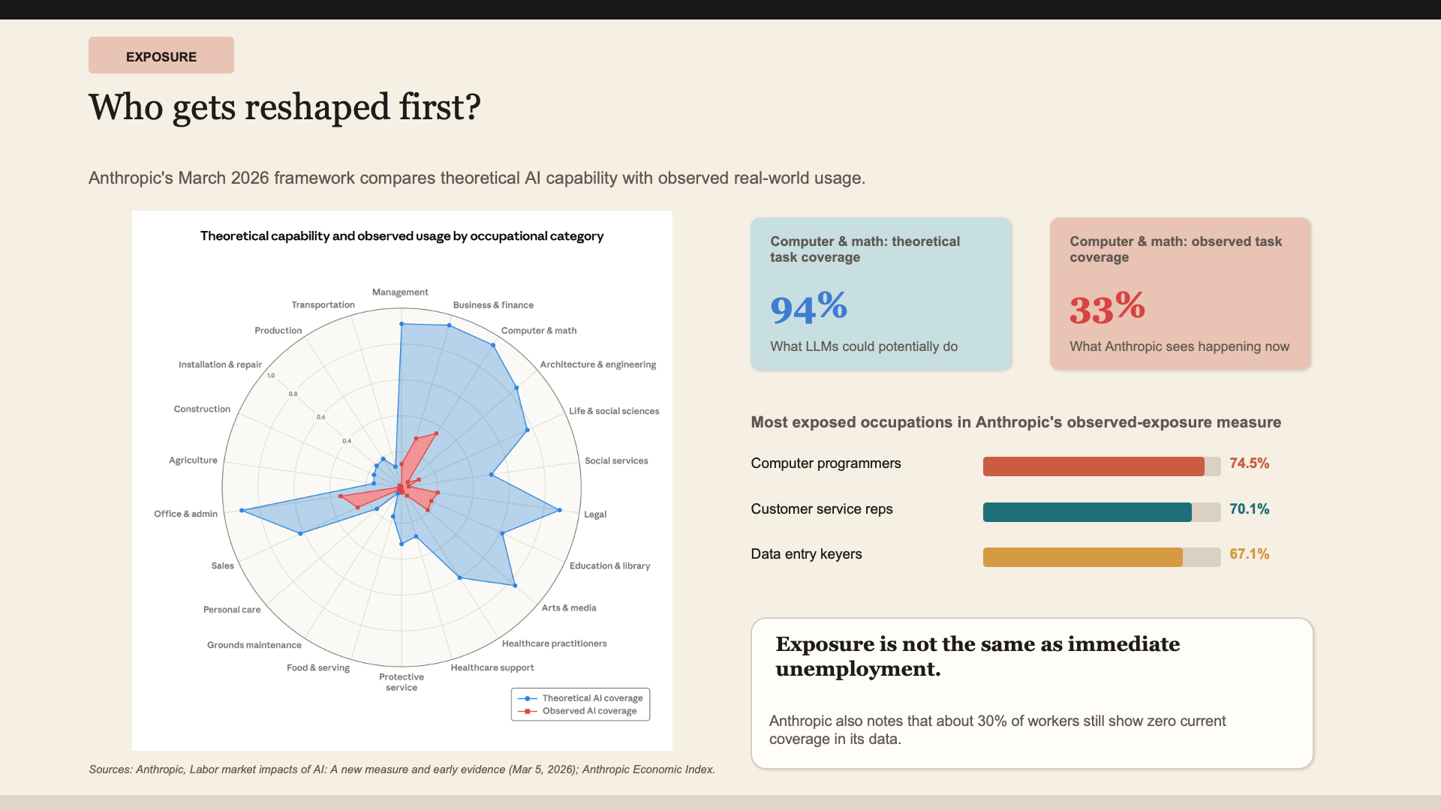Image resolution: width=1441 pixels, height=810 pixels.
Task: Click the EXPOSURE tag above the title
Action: (x=161, y=56)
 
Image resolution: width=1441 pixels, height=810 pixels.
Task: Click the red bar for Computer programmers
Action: (x=1093, y=466)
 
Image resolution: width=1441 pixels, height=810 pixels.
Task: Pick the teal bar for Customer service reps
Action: (x=1087, y=512)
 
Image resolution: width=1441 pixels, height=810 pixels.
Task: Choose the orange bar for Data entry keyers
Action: (x=1082, y=557)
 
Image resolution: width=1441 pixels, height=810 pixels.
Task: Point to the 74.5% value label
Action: (x=1249, y=463)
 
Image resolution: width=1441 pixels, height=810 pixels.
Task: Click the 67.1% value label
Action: (x=1249, y=554)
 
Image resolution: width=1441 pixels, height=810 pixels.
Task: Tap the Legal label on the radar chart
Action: (x=595, y=514)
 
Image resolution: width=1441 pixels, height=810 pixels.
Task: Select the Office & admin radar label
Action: (x=185, y=514)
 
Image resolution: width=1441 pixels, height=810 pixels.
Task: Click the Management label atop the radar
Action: (x=400, y=292)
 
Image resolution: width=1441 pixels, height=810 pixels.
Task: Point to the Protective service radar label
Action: (x=402, y=682)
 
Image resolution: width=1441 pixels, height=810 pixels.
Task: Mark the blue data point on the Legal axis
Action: (x=559, y=511)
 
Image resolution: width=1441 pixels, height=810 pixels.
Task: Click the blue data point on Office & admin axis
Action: (x=242, y=511)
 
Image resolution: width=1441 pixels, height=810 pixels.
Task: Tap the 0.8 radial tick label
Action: (x=293, y=394)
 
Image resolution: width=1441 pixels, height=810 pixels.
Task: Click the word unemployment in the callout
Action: (x=856, y=669)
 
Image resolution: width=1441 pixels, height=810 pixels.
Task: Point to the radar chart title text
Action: (x=402, y=236)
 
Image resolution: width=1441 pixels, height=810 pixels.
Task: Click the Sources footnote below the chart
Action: (x=402, y=769)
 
